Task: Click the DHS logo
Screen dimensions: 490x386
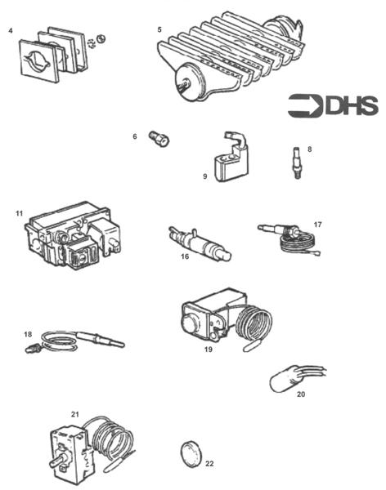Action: pyautogui.click(x=332, y=105)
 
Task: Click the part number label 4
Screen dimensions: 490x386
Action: pyautogui.click(x=11, y=31)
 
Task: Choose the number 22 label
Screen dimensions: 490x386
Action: pyautogui.click(x=210, y=464)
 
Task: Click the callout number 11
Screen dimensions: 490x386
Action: pyautogui.click(x=18, y=213)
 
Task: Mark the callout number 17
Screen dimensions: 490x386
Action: pyautogui.click(x=317, y=224)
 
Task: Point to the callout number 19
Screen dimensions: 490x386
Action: pyautogui.click(x=208, y=349)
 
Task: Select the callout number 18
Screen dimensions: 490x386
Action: pyautogui.click(x=28, y=334)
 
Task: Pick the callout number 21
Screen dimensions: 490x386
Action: pyautogui.click(x=74, y=415)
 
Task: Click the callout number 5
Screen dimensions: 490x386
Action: pyautogui.click(x=159, y=29)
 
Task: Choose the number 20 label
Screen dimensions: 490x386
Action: pyautogui.click(x=301, y=394)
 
